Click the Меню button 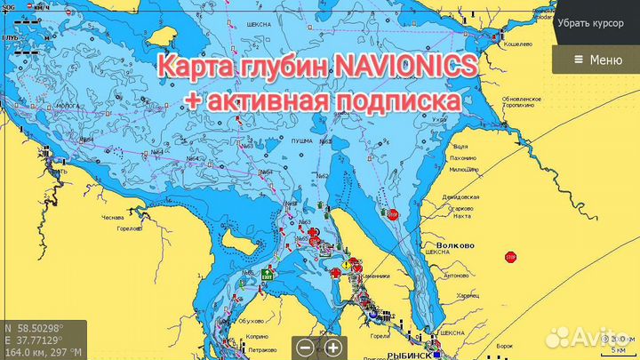596,60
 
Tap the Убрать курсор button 596,23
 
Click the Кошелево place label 517,43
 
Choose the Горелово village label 131,228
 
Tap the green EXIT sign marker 265,277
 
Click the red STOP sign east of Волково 510,257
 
